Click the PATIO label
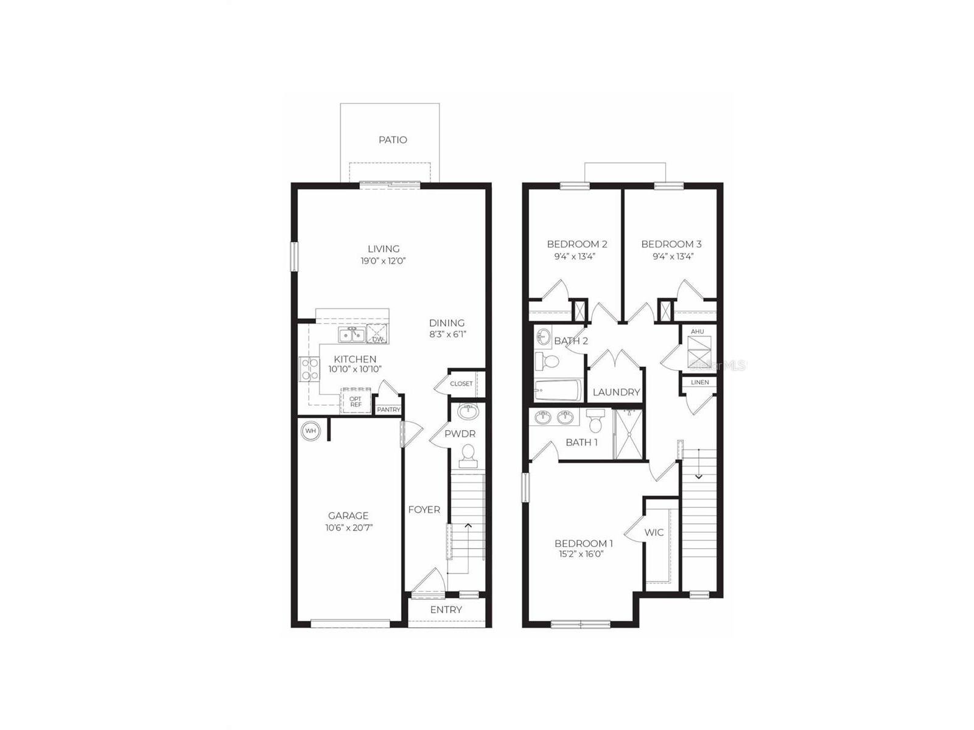(x=393, y=140)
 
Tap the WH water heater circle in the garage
(x=310, y=431)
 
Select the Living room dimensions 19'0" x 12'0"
(x=383, y=261)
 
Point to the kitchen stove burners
(x=310, y=369)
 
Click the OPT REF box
(x=356, y=401)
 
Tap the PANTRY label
(x=388, y=410)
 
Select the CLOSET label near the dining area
(x=461, y=384)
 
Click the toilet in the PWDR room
(x=468, y=456)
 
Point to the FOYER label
(x=424, y=510)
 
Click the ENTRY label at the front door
(x=446, y=610)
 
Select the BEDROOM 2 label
(x=576, y=244)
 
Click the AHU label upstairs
(x=697, y=332)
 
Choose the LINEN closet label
(x=699, y=383)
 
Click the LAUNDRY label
(x=616, y=392)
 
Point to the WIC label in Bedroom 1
(x=654, y=532)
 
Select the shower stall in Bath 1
(x=628, y=434)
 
